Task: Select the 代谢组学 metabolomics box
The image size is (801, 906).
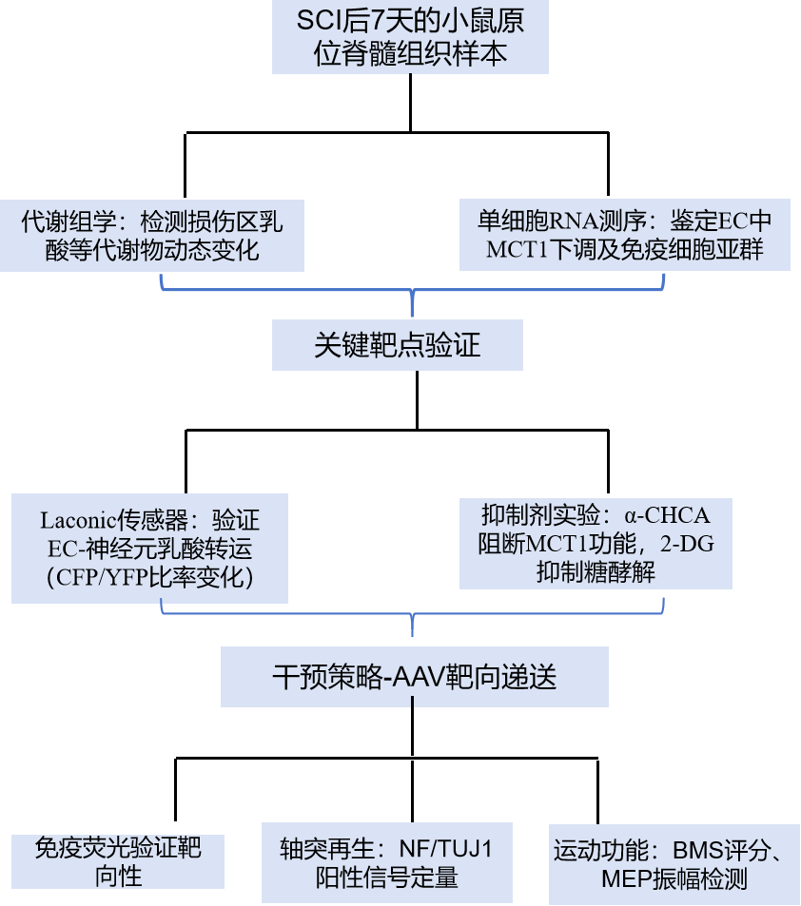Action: coord(152,235)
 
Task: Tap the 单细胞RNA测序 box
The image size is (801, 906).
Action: coord(624,235)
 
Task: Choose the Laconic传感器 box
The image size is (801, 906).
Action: coord(150,548)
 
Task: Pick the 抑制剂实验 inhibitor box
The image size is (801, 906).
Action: coord(596,544)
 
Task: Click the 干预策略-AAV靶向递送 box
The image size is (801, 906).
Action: coord(414,678)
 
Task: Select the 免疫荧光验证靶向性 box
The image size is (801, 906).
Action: coord(118,860)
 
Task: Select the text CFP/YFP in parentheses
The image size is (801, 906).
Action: coord(102,576)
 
